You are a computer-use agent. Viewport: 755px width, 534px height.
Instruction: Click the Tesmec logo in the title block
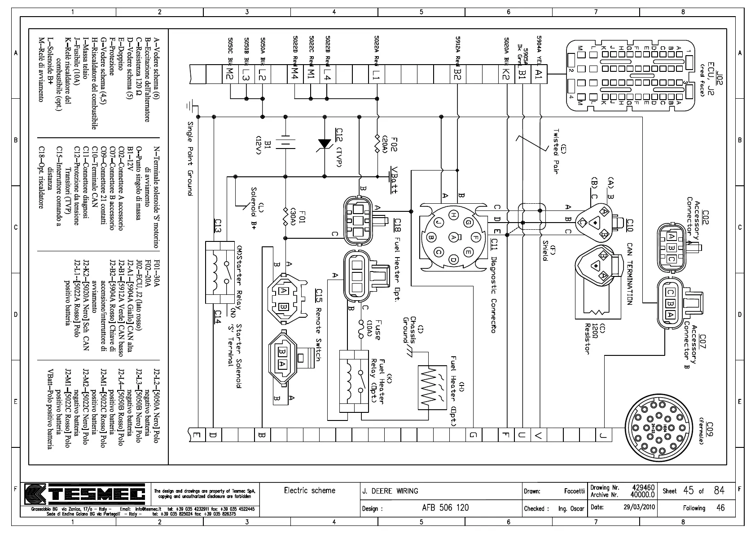(85, 494)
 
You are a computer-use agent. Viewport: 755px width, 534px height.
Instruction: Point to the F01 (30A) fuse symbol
(285, 216)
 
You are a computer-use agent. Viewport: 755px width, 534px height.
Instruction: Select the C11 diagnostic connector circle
(454, 237)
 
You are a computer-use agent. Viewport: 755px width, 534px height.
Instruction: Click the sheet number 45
(689, 490)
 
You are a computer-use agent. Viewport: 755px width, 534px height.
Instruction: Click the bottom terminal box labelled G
(473, 434)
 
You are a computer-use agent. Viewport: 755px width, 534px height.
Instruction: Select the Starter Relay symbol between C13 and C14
(220, 274)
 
